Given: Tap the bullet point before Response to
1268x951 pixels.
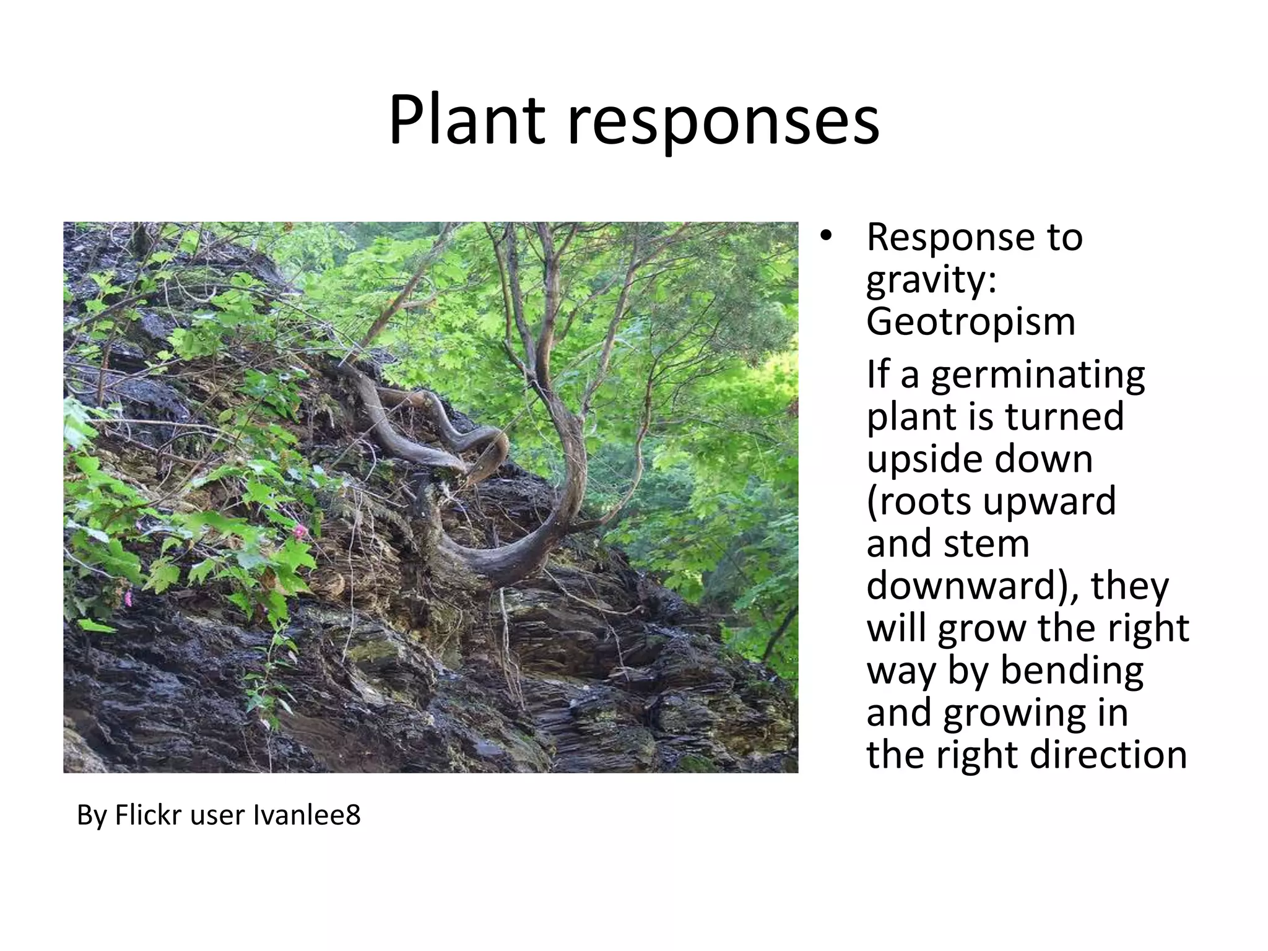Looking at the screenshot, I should (826, 237).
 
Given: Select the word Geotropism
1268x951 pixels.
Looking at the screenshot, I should (970, 322).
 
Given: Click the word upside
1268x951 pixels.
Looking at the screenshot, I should (918, 460).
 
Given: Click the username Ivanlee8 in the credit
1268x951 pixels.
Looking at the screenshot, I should (307, 815).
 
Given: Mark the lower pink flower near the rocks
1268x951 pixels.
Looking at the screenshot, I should (129, 598).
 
